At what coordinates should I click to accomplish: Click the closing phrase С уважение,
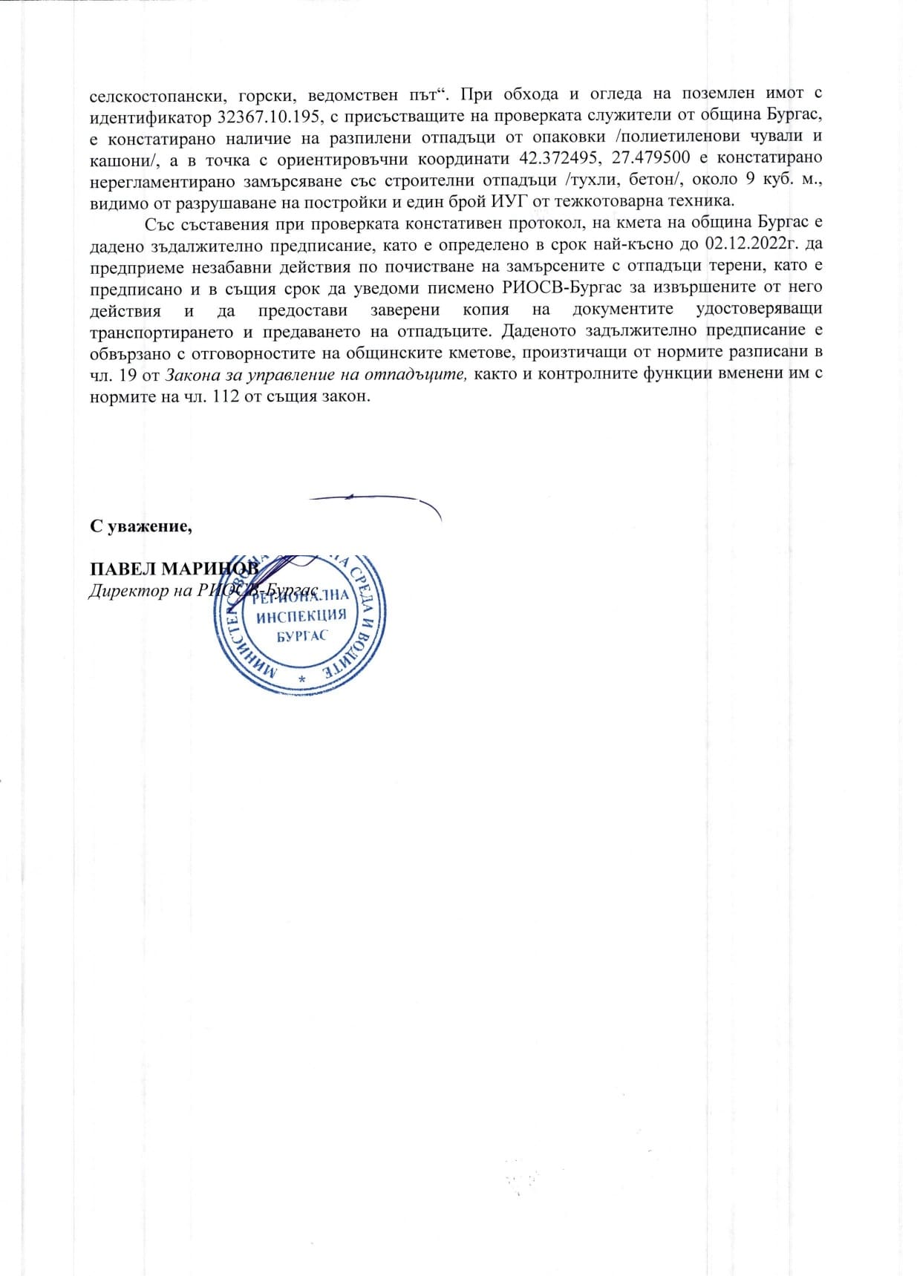coord(141,526)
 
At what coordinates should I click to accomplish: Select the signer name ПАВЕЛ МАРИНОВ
coord(174,569)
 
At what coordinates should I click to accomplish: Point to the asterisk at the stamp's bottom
coord(301,680)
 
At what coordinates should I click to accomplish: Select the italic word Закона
coord(183,374)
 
